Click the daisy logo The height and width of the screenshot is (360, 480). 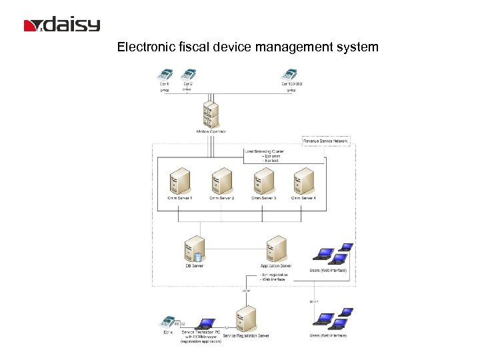pos(61,25)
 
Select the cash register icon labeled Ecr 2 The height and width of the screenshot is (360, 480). pos(189,75)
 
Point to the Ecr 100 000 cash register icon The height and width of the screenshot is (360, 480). pos(290,75)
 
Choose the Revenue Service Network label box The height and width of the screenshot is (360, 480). pos(325,141)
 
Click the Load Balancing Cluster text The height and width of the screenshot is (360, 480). pos(265,152)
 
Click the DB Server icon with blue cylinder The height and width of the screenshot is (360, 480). pos(194,249)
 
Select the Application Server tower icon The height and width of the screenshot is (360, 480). pos(275,249)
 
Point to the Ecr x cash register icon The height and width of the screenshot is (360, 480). pos(167,322)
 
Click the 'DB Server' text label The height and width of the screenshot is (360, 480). pos(194,266)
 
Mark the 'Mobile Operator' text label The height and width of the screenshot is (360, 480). pos(211,132)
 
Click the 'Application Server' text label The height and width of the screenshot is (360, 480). pos(275,266)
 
